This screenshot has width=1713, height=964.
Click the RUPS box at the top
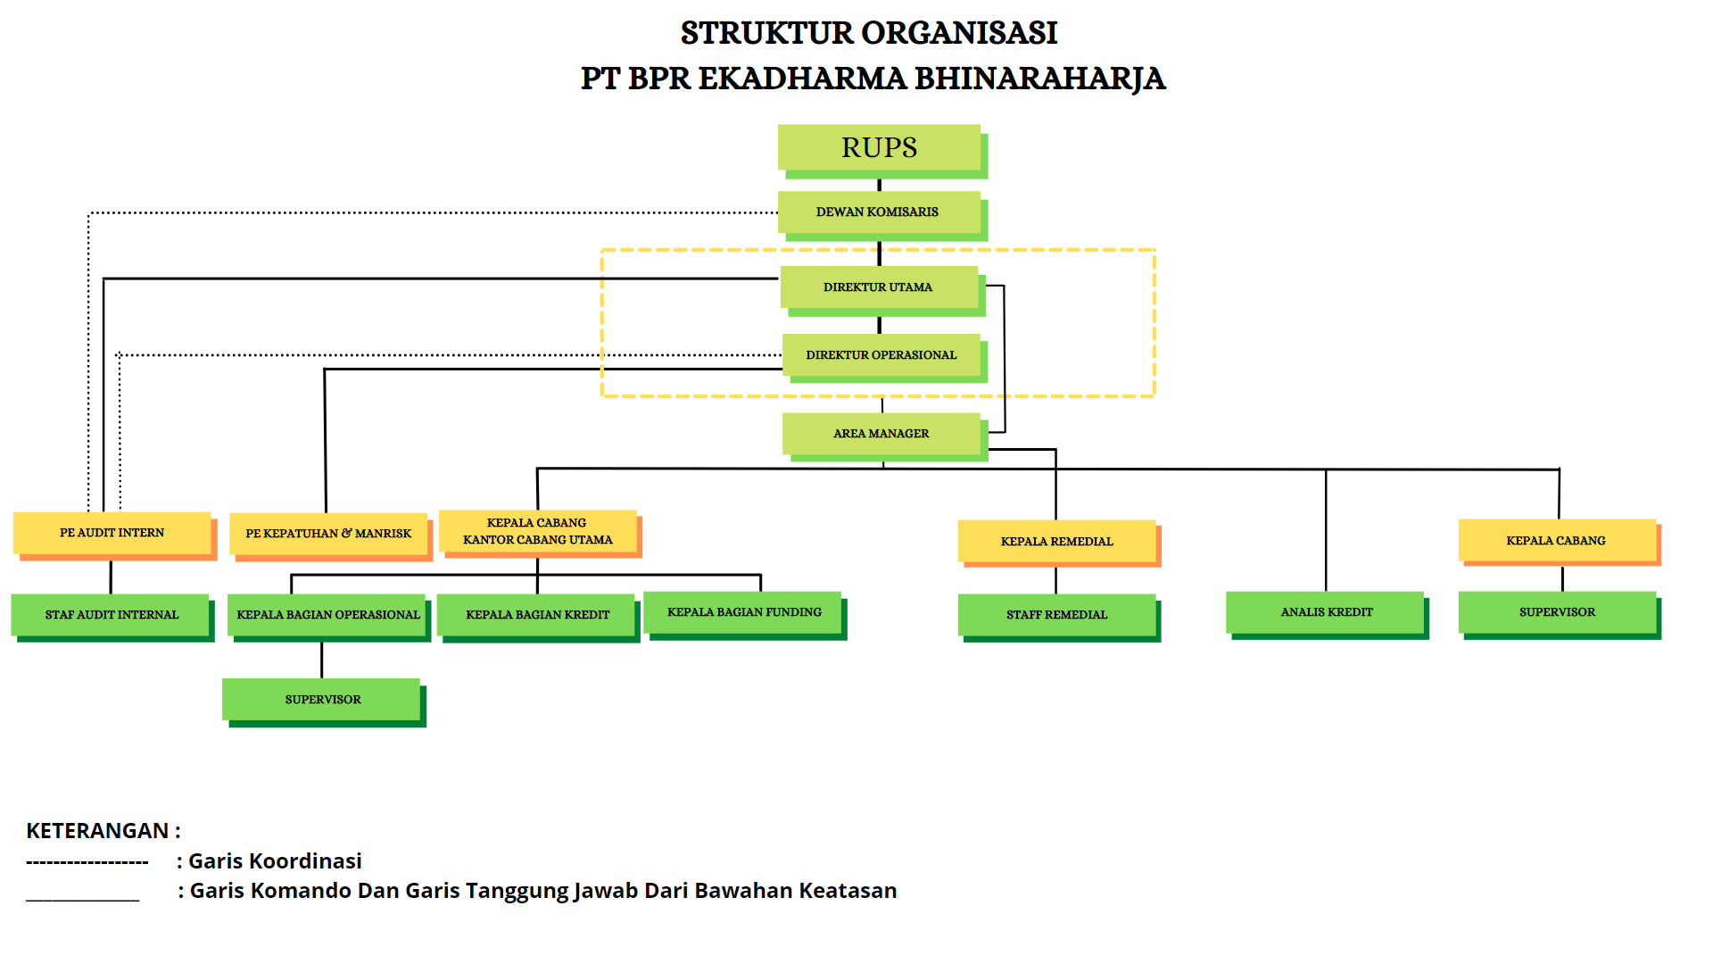pos(879,147)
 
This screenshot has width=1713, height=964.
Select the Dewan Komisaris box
pos(879,212)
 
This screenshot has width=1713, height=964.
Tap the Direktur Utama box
pos(879,287)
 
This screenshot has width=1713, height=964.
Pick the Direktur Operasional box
pos(881,355)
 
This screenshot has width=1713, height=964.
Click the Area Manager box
pos(881,434)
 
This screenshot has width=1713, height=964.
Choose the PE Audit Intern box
pos(112,533)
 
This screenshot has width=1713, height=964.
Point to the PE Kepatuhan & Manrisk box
pos(328,534)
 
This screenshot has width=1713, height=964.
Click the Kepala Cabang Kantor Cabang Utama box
pos(538,531)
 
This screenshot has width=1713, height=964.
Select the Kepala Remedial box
pos(1057,542)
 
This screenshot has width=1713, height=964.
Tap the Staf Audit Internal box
pos(112,615)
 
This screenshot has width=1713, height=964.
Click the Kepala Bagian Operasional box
pos(327,615)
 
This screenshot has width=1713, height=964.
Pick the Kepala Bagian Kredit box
pos(537,615)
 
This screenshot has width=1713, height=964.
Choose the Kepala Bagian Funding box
pos(744,612)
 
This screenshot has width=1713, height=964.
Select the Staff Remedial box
pos(1057,615)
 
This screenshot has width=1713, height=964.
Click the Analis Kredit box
pos(1327,612)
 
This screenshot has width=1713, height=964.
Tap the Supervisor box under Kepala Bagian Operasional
pos(323,700)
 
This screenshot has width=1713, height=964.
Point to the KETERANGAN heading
pos(97,831)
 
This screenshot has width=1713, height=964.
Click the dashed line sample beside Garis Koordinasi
pos(87,862)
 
